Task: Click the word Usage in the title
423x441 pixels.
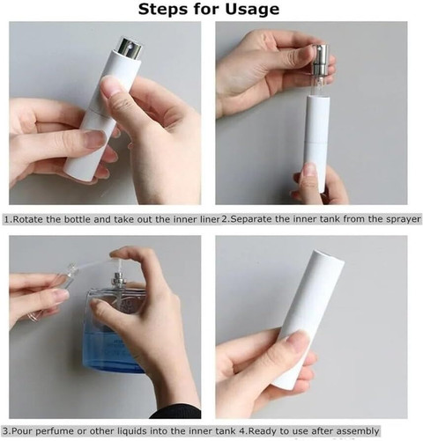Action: (252, 9)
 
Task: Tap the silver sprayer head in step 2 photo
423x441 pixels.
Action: (319, 60)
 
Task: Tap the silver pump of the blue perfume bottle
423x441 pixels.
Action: (120, 279)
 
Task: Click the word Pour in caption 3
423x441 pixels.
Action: (21, 431)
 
